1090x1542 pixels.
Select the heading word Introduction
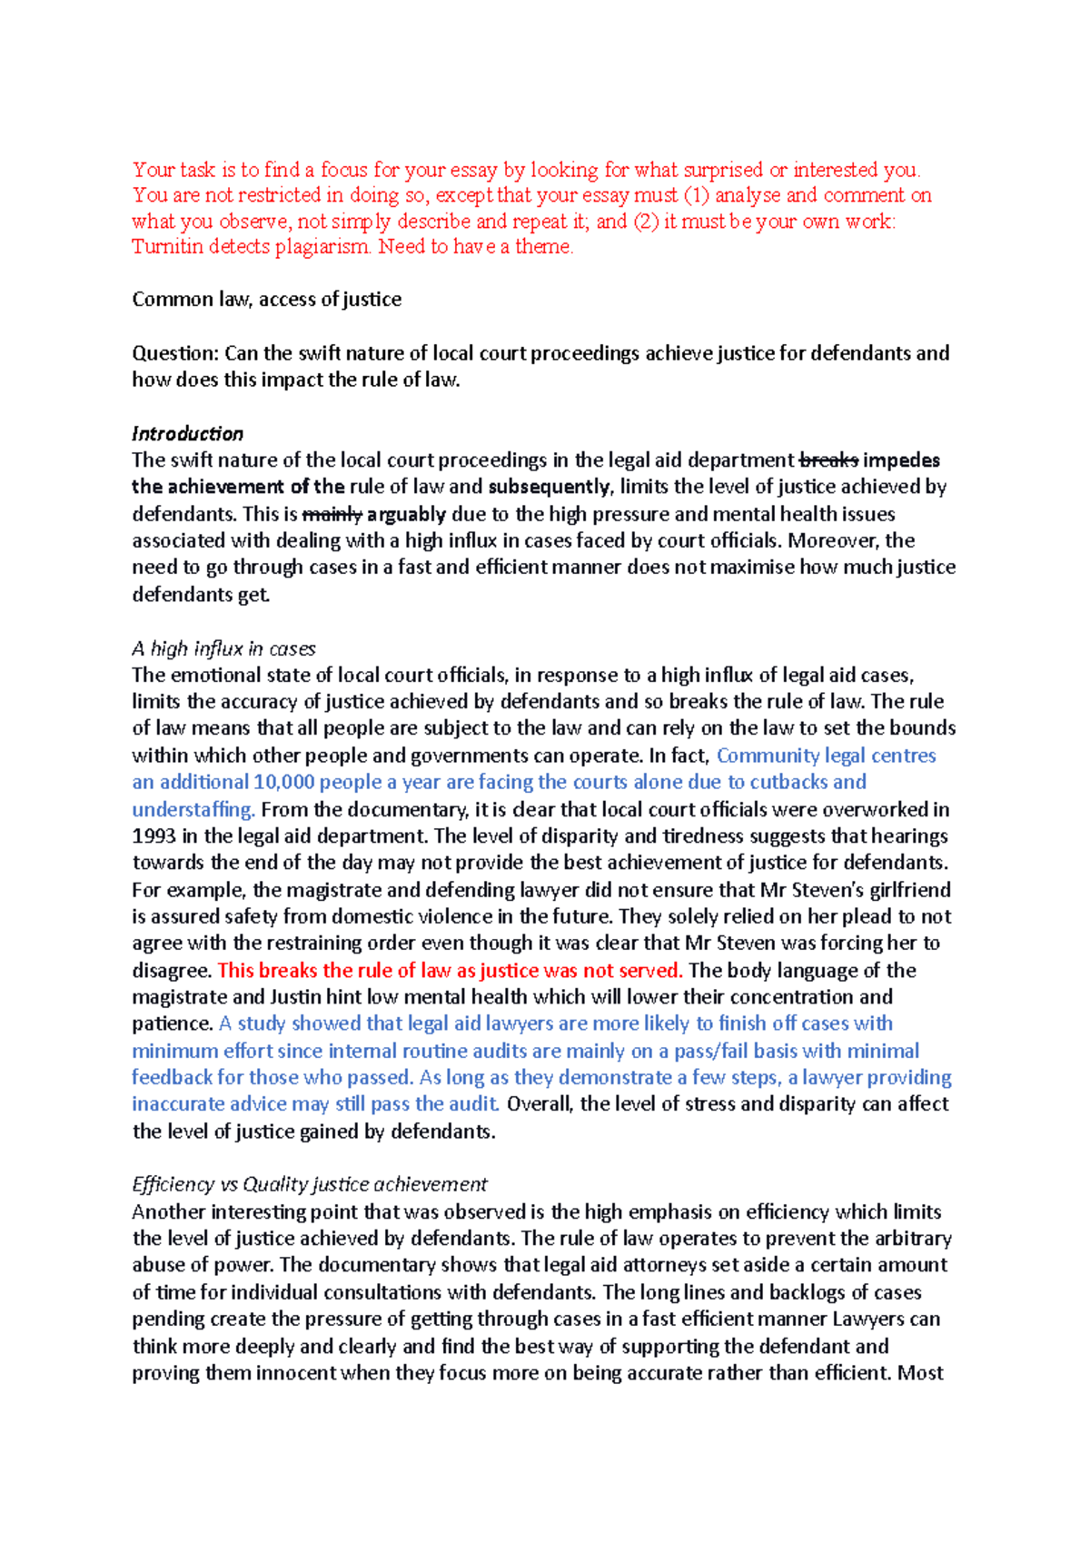click(x=187, y=433)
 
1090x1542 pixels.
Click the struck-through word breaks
click(x=827, y=460)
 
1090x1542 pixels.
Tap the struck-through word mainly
click(x=332, y=514)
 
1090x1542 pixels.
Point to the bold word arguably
click(x=406, y=514)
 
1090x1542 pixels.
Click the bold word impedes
click(x=901, y=460)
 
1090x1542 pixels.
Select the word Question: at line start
click(x=175, y=353)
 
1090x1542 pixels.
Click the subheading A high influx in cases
click(x=223, y=648)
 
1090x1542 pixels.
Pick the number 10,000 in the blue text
click(x=283, y=782)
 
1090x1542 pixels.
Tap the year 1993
click(x=154, y=835)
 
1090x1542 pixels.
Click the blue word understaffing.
click(x=193, y=809)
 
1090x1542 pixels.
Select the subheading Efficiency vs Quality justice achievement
click(x=309, y=1184)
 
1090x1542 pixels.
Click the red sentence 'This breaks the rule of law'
click(x=450, y=970)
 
